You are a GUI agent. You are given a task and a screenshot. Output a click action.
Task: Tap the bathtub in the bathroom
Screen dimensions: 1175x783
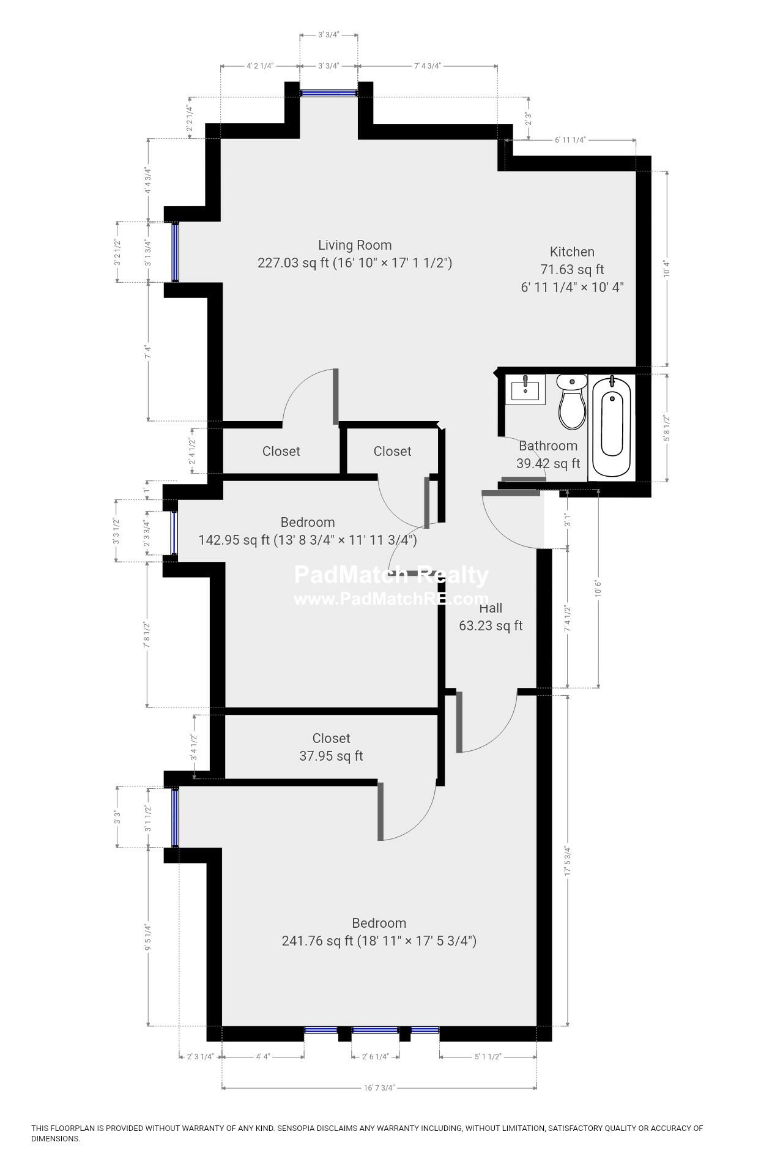[x=612, y=427]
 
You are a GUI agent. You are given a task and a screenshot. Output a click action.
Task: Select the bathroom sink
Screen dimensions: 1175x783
[x=525, y=389]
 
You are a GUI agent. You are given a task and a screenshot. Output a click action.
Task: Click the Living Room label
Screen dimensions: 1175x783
[x=355, y=245]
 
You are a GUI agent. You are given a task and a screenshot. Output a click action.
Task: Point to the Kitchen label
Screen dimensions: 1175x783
[x=572, y=252]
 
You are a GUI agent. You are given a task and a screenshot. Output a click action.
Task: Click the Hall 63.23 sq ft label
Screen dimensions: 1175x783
[x=491, y=617]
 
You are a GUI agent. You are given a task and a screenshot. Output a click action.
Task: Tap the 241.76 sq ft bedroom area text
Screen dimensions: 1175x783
[x=379, y=941]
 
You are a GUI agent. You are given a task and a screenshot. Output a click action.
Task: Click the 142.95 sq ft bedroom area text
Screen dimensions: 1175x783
[x=308, y=540]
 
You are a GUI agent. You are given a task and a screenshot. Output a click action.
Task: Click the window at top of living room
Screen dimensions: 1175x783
[x=328, y=93]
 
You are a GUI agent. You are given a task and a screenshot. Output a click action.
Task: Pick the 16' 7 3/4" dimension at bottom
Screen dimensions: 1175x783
[x=379, y=1087]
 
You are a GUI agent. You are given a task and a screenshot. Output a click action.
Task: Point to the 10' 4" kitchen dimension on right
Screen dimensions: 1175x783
[x=667, y=269]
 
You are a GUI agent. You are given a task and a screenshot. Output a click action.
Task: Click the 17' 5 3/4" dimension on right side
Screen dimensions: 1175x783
[x=568, y=862]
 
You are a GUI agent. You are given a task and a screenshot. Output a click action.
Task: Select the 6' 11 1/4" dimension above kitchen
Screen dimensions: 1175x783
[x=570, y=140]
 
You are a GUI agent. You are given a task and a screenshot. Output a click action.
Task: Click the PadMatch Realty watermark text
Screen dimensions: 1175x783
[x=391, y=575]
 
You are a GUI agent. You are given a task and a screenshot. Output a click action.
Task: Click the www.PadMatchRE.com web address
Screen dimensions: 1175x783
[x=391, y=599]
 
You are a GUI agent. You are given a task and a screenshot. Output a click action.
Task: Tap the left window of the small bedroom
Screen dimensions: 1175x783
[x=174, y=531]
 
